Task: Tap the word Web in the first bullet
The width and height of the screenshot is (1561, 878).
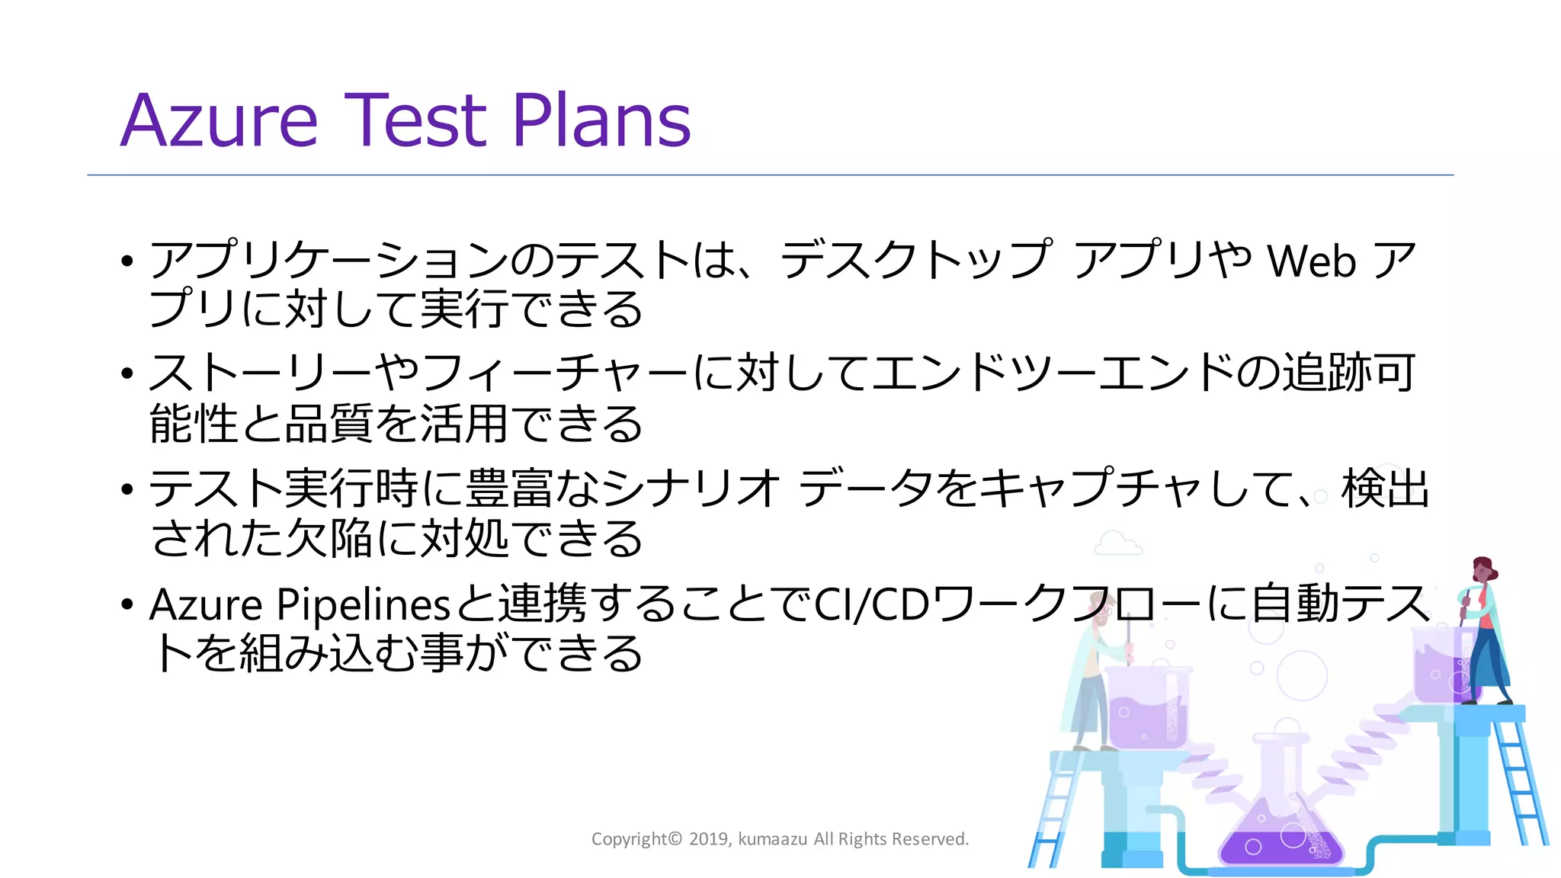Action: tap(1311, 261)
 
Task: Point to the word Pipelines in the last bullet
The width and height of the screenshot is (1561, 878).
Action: tap(364, 605)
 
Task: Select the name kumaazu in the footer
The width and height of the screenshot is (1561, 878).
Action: tap(772, 839)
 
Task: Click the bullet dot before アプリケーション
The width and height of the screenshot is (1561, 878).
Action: tap(127, 261)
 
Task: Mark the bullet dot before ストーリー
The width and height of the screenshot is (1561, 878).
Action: tap(127, 374)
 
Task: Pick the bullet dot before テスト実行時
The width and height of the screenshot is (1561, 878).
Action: tap(127, 489)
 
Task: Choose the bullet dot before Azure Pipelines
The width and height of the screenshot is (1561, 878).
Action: tap(127, 605)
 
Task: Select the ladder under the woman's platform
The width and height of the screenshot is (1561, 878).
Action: tap(1521, 785)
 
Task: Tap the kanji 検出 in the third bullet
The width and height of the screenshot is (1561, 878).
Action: tap(1385, 489)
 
